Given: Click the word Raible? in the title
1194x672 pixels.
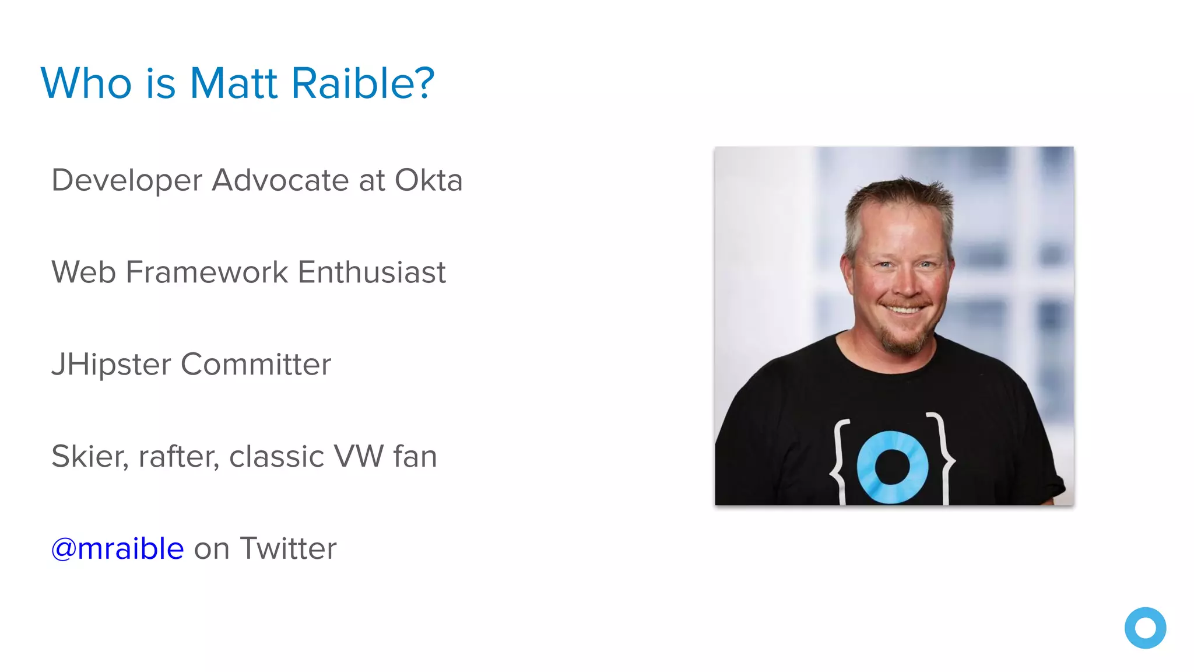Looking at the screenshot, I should point(363,83).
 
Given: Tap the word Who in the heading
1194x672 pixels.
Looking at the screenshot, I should point(86,83).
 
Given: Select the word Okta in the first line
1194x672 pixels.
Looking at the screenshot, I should point(429,180).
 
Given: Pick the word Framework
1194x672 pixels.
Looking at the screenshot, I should point(207,272).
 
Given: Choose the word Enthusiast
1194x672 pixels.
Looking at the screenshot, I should point(372,272).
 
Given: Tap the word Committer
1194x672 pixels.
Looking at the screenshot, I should point(256,365).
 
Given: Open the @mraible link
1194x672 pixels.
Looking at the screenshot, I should point(118,549).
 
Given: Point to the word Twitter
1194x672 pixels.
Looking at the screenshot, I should point(288,549).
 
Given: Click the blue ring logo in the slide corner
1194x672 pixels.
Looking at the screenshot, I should point(1145,628).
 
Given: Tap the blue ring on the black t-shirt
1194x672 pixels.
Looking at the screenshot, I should point(893,467).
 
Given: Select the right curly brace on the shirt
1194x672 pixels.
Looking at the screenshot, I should point(942,458).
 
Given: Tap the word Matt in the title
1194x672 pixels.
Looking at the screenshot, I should point(233,83).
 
